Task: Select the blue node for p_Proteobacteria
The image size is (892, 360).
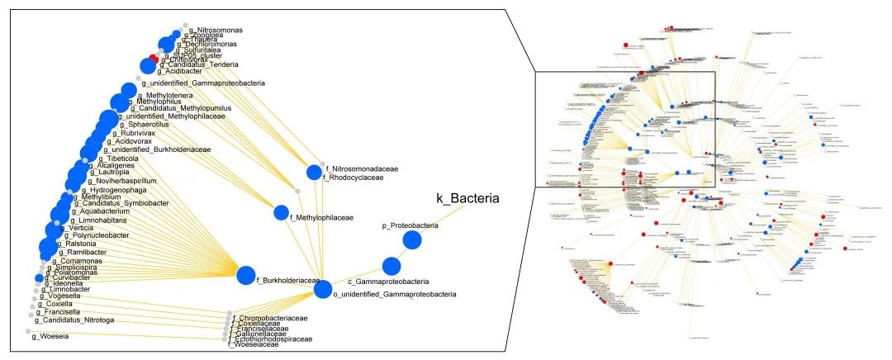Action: click(x=412, y=240)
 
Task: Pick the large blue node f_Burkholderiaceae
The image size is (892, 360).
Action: click(x=246, y=275)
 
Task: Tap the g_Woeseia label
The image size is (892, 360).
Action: click(x=50, y=335)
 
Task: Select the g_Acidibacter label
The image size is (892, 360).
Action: click(x=181, y=71)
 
